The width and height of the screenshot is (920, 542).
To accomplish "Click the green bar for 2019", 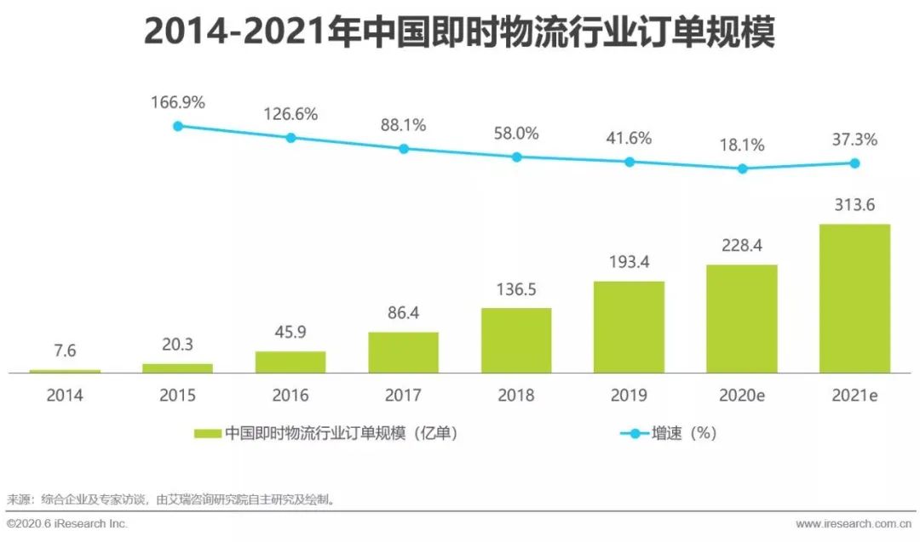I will (x=629, y=327).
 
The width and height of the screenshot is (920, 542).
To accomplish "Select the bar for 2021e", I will (x=854, y=299).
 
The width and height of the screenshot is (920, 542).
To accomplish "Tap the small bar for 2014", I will (x=65, y=371).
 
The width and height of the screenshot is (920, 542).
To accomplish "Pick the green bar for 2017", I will (x=403, y=352).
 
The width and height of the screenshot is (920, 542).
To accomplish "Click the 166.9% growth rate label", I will (x=178, y=103).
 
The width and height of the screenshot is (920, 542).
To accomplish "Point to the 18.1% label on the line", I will (x=742, y=145).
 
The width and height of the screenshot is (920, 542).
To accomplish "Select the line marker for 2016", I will (x=290, y=137).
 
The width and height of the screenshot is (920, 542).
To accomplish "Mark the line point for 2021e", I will (x=854, y=163).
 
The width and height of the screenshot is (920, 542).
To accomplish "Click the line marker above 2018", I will (x=516, y=157).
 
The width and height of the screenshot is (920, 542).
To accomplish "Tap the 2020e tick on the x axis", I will (x=742, y=395).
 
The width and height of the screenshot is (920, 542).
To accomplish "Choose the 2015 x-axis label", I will (x=177, y=395).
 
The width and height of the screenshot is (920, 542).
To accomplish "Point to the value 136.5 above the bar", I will (x=516, y=289).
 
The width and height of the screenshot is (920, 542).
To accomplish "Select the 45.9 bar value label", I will (x=290, y=333).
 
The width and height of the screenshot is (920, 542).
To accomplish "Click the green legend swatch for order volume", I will (x=207, y=433).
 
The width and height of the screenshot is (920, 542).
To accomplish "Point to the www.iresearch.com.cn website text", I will (x=855, y=523).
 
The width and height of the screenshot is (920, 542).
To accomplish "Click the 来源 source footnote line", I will (x=170, y=499).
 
